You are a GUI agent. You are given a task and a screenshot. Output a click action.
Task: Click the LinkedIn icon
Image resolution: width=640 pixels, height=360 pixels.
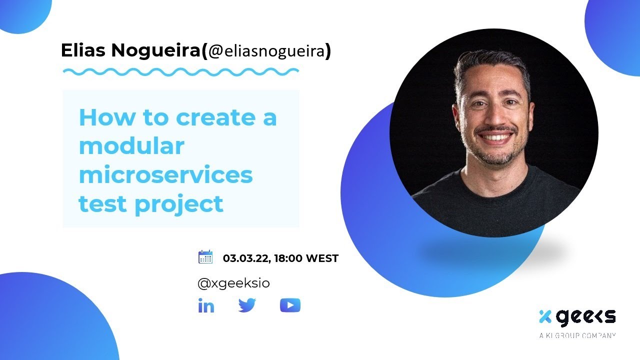click(206, 305)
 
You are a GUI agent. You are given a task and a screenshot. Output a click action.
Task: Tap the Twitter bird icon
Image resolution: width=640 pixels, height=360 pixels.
click(247, 305)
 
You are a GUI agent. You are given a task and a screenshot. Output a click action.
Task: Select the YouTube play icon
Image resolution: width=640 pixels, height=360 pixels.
click(290, 305)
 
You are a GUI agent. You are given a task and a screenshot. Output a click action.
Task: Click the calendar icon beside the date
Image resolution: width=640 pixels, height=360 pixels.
click(205, 257)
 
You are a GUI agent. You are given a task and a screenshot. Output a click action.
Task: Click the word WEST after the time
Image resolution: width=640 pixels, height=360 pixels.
click(322, 258)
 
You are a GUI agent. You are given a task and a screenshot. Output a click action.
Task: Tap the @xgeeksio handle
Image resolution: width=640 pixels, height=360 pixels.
click(233, 283)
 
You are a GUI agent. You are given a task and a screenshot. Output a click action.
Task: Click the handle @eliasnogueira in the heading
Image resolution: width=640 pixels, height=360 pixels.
click(266, 51)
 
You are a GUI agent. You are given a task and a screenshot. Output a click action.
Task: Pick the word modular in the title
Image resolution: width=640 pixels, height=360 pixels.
click(131, 146)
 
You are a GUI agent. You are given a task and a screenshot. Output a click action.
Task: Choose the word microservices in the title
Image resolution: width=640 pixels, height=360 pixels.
click(165, 175)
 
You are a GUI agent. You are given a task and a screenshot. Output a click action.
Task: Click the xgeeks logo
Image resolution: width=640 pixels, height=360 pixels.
click(577, 317)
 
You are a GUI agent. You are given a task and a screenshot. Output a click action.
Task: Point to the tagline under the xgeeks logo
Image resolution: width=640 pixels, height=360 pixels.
click(577, 335)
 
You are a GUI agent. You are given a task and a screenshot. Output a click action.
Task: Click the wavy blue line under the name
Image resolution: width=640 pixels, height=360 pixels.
click(180, 72)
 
